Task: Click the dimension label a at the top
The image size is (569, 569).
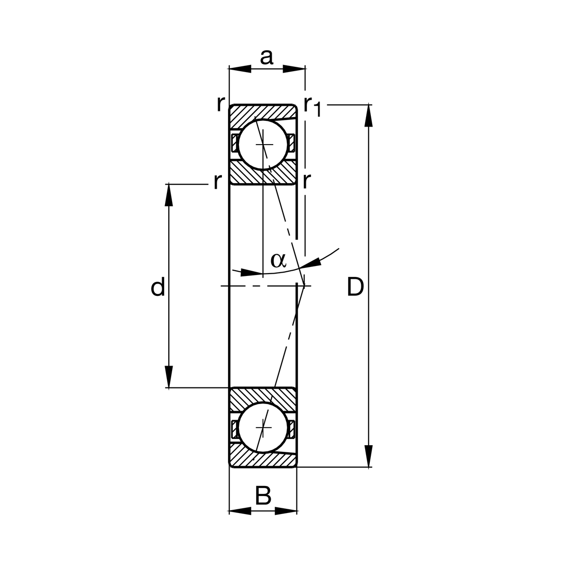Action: pos(267,57)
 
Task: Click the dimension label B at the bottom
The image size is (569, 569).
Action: pos(263,496)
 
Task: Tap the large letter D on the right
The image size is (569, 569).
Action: pos(355,287)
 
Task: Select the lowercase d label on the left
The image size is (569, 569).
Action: pos(158,287)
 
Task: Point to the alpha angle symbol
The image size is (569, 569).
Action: pos(278,259)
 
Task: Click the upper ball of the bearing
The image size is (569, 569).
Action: pos(263,144)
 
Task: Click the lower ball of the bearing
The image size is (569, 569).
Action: pos(263,427)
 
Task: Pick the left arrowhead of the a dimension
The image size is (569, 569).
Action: pos(240,69)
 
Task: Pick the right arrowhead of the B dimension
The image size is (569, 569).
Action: pos(286,511)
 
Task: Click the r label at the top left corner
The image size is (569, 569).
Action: pos(220,104)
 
